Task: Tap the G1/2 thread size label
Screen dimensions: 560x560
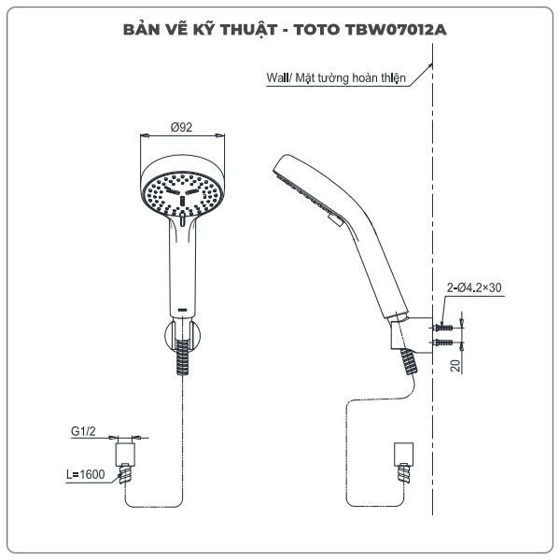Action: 84,431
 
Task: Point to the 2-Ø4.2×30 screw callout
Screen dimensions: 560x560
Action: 473,288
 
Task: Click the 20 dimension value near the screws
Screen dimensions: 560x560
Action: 455,365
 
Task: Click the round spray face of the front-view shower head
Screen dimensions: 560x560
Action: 184,190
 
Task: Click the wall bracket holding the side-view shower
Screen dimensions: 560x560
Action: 411,331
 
